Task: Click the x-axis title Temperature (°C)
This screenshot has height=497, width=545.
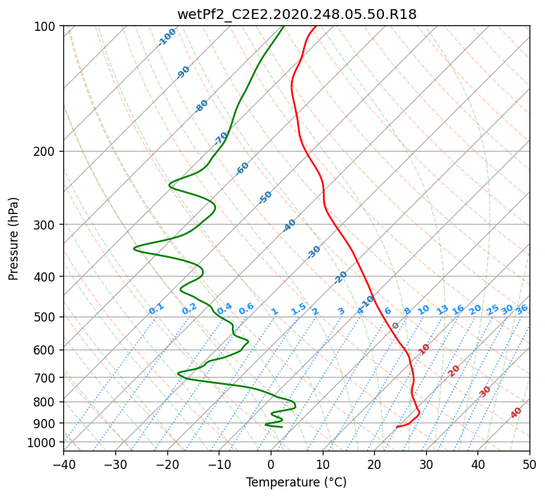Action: pyautogui.click(x=297, y=482)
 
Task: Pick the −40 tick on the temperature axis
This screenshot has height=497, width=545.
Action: pyautogui.click(x=63, y=464)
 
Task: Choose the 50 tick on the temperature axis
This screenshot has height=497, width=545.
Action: pyautogui.click(x=530, y=464)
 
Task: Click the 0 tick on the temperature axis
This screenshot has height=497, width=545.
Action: pyautogui.click(x=271, y=464)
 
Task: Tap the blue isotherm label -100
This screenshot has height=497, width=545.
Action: pyautogui.click(x=167, y=37)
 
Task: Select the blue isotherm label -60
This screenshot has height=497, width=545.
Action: pyautogui.click(x=243, y=168)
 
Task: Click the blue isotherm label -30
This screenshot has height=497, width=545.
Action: pyautogui.click(x=314, y=251)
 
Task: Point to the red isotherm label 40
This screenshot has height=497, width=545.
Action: pyautogui.click(x=516, y=413)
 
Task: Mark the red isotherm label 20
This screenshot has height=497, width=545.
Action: pyautogui.click(x=454, y=370)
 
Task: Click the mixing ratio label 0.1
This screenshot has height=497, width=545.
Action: pyautogui.click(x=156, y=309)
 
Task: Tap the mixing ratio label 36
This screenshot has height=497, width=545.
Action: pyautogui.click(x=522, y=309)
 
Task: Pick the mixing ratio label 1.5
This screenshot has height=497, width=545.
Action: pyautogui.click(x=299, y=309)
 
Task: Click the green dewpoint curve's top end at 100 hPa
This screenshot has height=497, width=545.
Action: pyautogui.click(x=283, y=27)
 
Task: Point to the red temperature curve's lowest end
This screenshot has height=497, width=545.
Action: pyautogui.click(x=397, y=427)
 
